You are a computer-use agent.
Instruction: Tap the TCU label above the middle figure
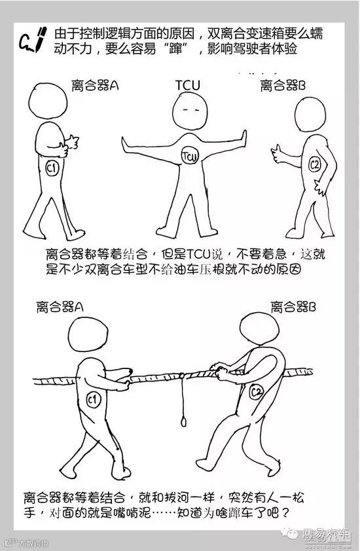tap(188, 85)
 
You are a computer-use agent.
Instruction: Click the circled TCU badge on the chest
tap(190, 156)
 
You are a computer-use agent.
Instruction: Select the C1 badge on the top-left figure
tap(52, 168)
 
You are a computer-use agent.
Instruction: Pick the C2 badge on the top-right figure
tap(315, 164)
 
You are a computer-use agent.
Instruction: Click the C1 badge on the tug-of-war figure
tap(93, 400)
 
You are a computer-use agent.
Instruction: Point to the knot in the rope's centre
tap(181, 376)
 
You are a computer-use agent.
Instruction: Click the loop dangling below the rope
tap(183, 421)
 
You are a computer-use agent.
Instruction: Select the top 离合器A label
tap(95, 85)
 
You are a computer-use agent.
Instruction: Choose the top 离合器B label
tap(283, 85)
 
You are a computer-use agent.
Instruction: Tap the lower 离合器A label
tap(60, 307)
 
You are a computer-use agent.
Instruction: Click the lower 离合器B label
tap(293, 307)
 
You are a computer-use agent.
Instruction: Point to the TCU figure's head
tap(190, 111)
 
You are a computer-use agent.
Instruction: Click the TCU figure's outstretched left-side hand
tap(126, 144)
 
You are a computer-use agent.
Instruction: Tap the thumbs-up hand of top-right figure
tap(278, 154)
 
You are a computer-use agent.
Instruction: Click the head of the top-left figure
tap(48, 101)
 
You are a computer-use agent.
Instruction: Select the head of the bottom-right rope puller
tap(259, 329)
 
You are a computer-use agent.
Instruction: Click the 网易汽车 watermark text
tap(327, 534)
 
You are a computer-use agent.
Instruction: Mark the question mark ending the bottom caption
tap(285, 513)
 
